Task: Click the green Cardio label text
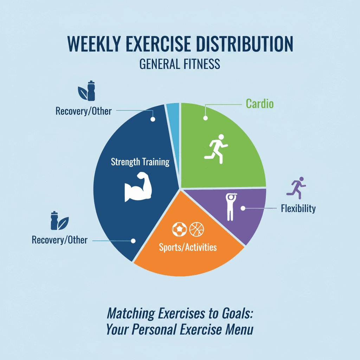[259, 104]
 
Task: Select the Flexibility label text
[298, 208]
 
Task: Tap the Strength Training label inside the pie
[140, 162]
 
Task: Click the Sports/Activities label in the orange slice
[188, 247]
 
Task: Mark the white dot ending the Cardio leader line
[205, 118]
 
